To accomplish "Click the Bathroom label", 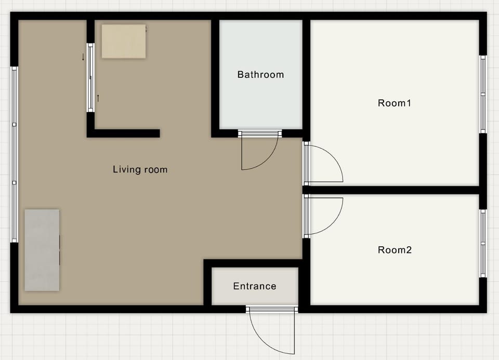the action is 260,74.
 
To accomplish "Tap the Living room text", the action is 140,169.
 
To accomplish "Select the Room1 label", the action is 395,103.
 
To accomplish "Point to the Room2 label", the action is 395,250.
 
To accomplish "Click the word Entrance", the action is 255,286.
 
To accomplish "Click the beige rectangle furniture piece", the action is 124,42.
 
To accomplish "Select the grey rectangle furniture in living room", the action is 42,250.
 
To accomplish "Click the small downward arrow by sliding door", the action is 83,57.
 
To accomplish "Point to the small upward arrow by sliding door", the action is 98,98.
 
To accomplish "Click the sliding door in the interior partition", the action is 90,77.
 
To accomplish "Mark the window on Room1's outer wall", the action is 483,95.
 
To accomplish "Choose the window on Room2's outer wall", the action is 483,243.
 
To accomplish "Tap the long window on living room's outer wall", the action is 15,154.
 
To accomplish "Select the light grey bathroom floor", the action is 261,74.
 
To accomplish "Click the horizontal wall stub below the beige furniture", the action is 124,134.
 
